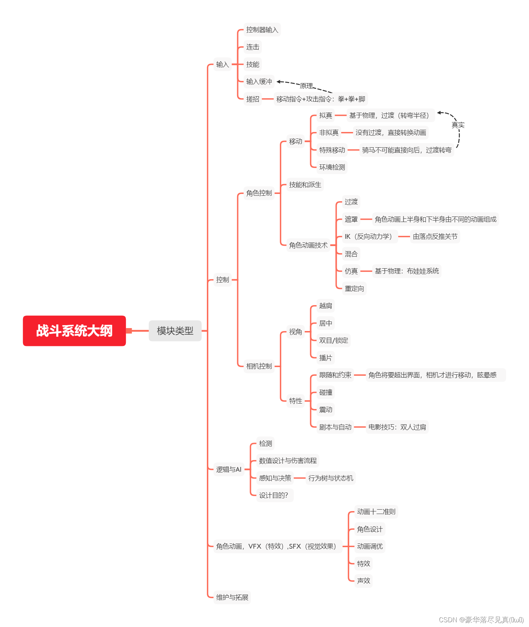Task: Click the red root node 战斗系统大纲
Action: pyautogui.click(x=74, y=331)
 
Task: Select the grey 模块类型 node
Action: pyautogui.click(x=175, y=331)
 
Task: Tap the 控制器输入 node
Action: pyautogui.click(x=262, y=30)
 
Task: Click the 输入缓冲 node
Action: pyautogui.click(x=259, y=82)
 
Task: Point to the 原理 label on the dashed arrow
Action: pyautogui.click(x=306, y=86)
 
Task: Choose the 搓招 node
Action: pyautogui.click(x=252, y=99)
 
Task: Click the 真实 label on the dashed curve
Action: pyautogui.click(x=458, y=125)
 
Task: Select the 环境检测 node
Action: pyautogui.click(x=332, y=167)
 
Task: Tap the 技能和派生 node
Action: pyautogui.click(x=305, y=185)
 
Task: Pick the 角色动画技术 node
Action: pyautogui.click(x=308, y=245)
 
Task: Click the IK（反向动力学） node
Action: pyautogui.click(x=368, y=237)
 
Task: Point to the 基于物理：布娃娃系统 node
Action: pyautogui.click(x=407, y=271)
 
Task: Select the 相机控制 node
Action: pyautogui.click(x=259, y=366)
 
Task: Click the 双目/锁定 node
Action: pyautogui.click(x=333, y=340)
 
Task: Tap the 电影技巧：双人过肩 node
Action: pyautogui.click(x=397, y=427)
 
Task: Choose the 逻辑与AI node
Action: pyautogui.click(x=229, y=470)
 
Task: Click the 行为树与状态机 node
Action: pyautogui.click(x=331, y=478)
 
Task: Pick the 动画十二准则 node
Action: pyautogui.click(x=376, y=512)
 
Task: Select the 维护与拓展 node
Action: pyautogui.click(x=232, y=597)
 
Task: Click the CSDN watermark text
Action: pyautogui.click(x=481, y=620)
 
